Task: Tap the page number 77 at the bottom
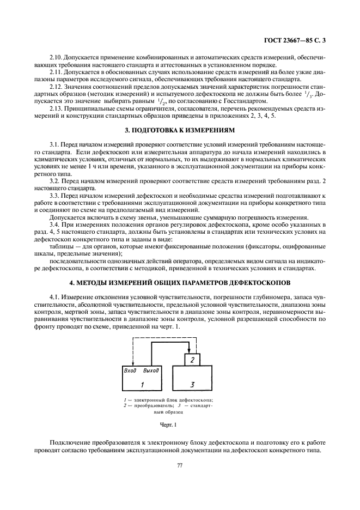click(x=179, y=465)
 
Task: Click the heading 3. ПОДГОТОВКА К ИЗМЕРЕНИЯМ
click(x=179, y=131)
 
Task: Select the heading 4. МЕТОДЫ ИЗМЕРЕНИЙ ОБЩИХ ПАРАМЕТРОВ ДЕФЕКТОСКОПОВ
click(x=179, y=282)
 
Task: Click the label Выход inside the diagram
click(x=151, y=371)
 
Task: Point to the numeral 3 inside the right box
click(x=192, y=385)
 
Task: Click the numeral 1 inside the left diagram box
click(x=142, y=385)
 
